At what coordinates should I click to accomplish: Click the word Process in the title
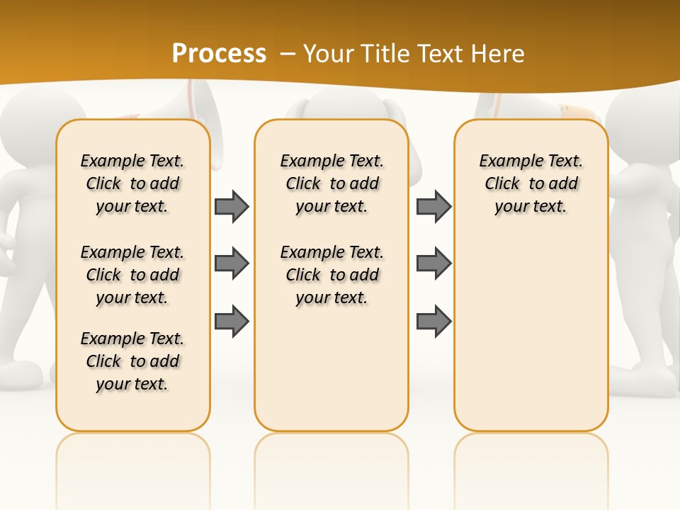219,54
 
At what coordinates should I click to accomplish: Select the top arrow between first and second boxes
232,207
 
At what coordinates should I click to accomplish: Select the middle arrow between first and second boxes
232,264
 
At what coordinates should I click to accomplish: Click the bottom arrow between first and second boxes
232,322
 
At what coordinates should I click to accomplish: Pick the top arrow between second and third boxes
433,207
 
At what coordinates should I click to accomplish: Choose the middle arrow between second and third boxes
433,264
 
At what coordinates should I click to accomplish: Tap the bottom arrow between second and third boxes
433,322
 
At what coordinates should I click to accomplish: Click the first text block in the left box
132,183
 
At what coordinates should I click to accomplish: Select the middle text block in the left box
132,275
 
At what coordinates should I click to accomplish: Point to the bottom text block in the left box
132,361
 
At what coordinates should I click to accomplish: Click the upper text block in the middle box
331,183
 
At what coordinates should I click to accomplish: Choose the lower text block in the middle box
331,275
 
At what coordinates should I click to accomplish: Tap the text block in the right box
531,183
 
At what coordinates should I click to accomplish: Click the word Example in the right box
507,161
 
